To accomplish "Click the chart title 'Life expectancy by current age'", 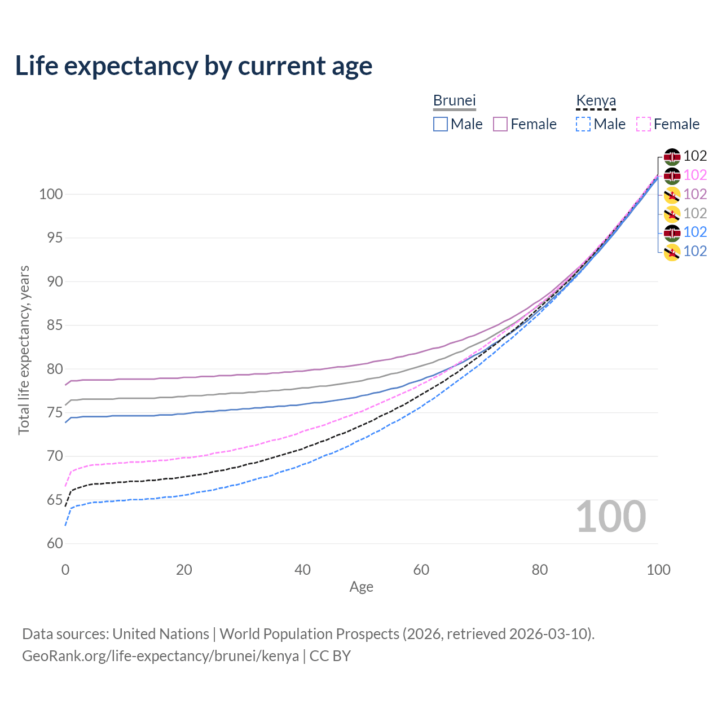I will click(193, 66).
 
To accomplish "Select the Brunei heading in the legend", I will click(455, 100).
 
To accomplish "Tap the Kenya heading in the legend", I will click(596, 100).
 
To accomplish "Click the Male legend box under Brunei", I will click(441, 124).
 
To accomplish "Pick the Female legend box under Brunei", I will click(500, 124).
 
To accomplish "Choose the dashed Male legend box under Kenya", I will click(583, 124).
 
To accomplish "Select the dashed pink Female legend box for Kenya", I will click(644, 124).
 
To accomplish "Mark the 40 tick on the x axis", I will click(302, 570).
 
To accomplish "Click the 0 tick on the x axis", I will click(65, 570).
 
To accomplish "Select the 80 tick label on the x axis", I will click(540, 570).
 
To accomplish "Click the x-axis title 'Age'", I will click(361, 587).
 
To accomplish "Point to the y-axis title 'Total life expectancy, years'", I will click(24, 350).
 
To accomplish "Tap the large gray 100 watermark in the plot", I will click(610, 517).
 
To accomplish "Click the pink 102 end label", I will click(695, 175).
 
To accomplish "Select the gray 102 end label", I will click(695, 213).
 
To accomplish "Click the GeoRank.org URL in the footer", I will click(160, 656).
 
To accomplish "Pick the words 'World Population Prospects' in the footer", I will click(309, 634).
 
